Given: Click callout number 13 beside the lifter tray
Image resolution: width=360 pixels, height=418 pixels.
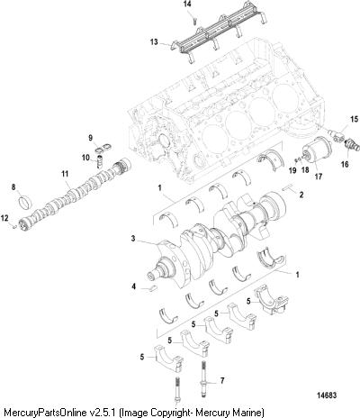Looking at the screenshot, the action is coord(154,41).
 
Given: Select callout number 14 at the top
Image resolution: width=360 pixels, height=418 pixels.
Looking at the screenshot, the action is coord(187,5).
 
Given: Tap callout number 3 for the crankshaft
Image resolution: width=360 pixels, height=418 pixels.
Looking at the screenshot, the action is coord(133,239).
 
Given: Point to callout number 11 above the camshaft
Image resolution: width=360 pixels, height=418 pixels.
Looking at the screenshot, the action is coord(65,174).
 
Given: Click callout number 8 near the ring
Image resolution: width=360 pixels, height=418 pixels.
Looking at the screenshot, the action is coord(13,187).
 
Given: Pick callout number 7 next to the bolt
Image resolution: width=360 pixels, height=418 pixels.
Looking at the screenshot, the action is coord(222,381).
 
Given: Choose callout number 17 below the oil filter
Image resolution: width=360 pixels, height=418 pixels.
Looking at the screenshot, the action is coord(319,177).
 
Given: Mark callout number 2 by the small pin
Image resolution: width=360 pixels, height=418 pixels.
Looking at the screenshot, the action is coord(301,195).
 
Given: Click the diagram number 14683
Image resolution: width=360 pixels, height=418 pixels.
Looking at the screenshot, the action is coord(328,395).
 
